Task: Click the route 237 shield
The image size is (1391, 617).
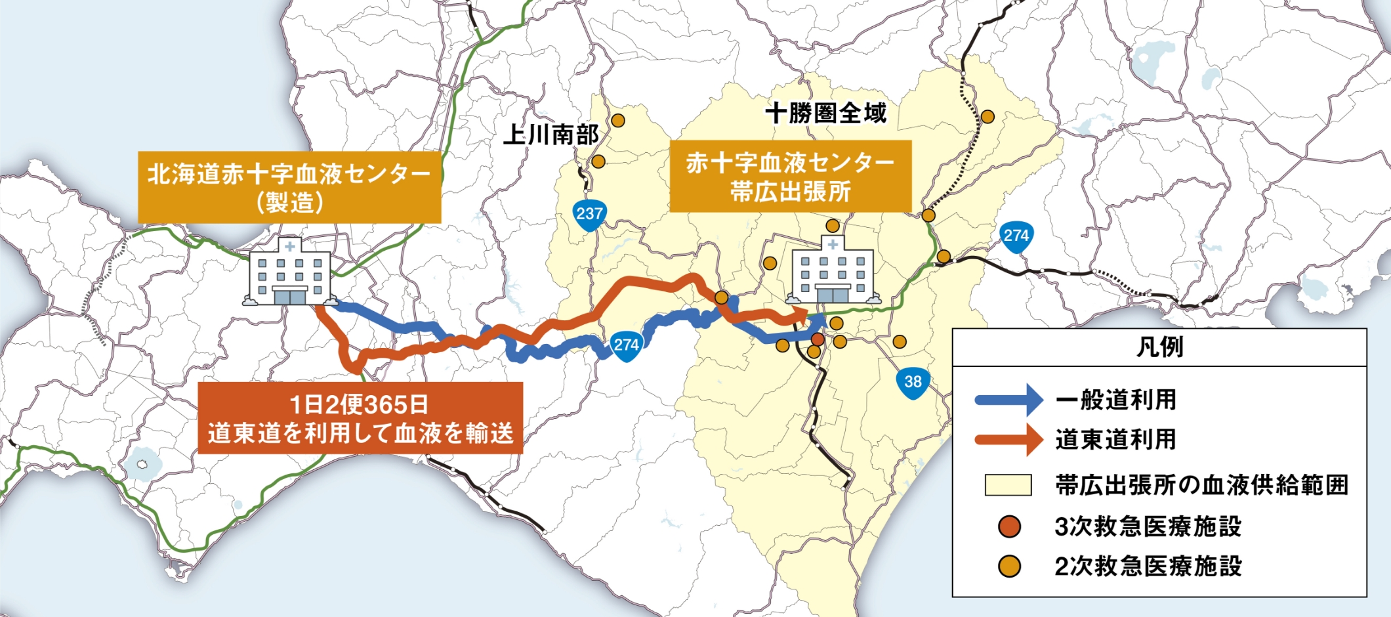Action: (589, 215)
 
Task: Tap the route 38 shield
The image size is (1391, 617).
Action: (913, 383)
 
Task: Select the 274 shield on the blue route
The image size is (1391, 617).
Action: (626, 346)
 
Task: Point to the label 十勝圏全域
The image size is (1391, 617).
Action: (825, 113)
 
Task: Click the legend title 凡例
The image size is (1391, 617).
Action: (1159, 347)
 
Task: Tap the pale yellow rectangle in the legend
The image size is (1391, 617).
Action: (1008, 485)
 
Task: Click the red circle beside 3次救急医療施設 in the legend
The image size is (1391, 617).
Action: (1009, 526)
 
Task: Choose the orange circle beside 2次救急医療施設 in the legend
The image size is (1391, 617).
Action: (1009, 566)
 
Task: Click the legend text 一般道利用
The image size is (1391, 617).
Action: (1115, 400)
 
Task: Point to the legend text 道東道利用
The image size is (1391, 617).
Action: (1115, 440)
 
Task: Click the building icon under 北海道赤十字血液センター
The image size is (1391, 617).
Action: (289, 272)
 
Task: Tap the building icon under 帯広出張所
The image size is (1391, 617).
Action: (833, 271)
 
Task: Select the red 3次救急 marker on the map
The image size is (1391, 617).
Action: (818, 339)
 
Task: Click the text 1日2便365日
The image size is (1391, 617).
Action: (359, 404)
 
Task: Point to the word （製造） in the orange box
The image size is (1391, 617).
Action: (289, 202)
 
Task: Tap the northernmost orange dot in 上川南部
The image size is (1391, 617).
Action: (618, 121)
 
